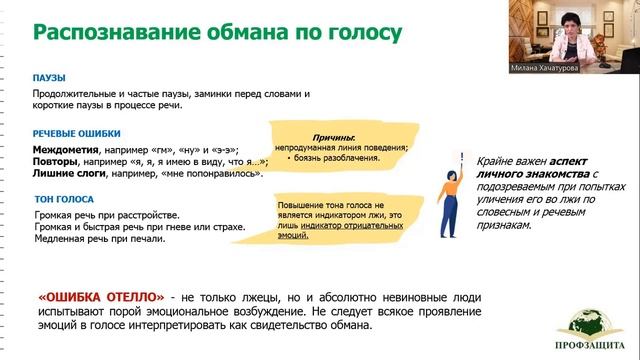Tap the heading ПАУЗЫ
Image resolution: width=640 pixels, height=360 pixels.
50,76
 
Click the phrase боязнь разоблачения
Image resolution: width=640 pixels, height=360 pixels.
337,158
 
